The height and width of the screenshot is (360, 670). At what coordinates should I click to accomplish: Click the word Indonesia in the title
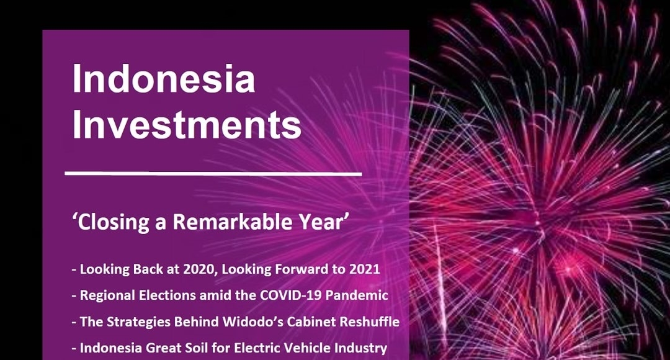point(163,79)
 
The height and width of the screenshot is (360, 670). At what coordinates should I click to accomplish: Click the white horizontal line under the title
point(213,173)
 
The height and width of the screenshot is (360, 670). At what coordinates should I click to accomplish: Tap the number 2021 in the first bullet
point(365,270)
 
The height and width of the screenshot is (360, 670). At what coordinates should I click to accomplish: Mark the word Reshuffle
point(372,322)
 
